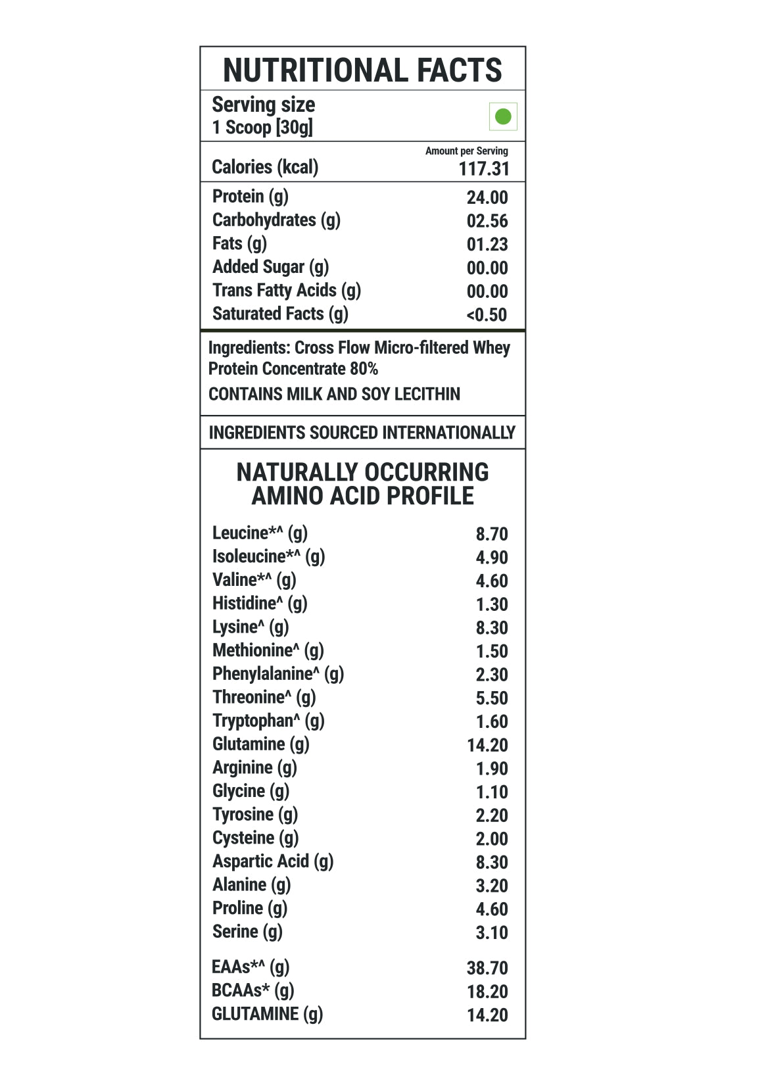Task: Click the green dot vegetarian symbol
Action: (x=503, y=117)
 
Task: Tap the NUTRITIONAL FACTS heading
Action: (x=362, y=70)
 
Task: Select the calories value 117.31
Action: (x=484, y=169)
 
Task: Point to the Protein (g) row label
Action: (x=251, y=197)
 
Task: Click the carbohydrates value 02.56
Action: (x=487, y=221)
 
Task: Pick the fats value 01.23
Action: (x=487, y=245)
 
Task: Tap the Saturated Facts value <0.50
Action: (x=487, y=315)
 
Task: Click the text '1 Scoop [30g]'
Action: (x=262, y=128)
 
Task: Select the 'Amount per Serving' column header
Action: (x=466, y=151)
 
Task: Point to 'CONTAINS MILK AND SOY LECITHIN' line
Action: (x=334, y=394)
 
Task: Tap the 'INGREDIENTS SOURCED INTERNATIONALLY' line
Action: (x=362, y=433)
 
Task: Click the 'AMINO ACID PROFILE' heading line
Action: (x=362, y=496)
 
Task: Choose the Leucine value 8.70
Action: (x=492, y=534)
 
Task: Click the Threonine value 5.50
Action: (x=492, y=698)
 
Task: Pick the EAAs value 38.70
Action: (x=487, y=968)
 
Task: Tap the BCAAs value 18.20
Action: (x=487, y=992)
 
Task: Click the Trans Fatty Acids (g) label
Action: (x=287, y=291)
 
